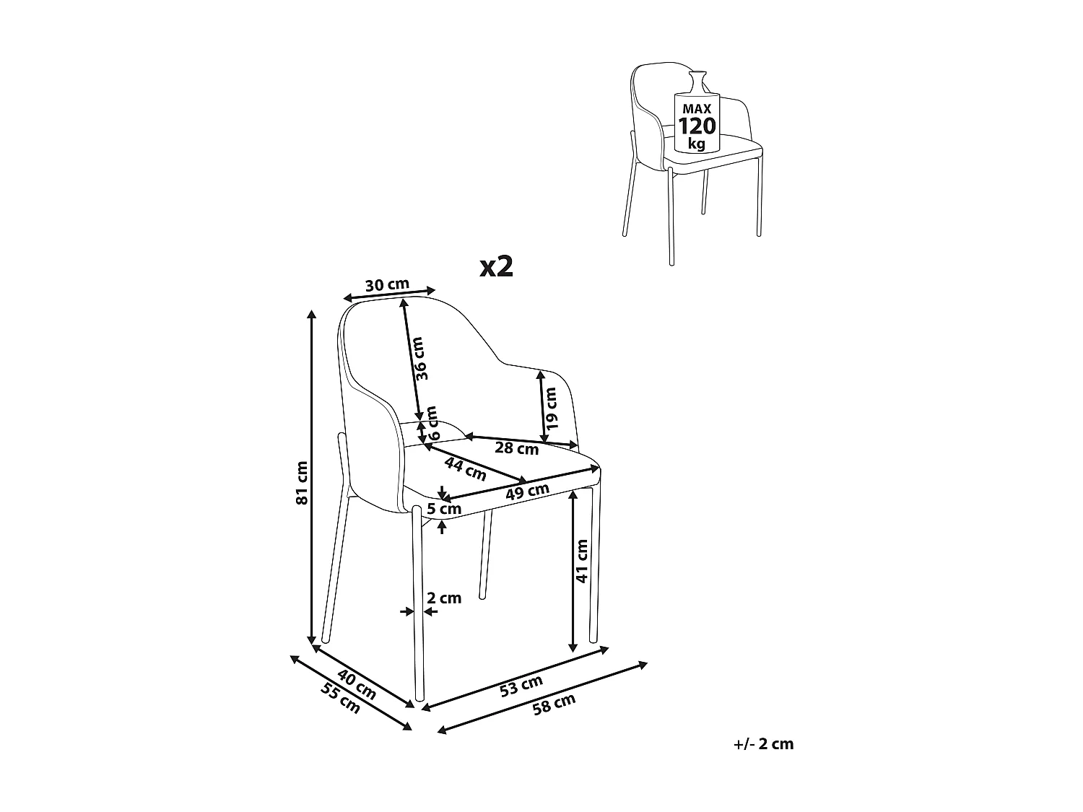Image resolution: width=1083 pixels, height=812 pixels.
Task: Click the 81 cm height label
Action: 302,482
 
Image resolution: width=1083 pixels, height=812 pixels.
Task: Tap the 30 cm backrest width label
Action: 387,284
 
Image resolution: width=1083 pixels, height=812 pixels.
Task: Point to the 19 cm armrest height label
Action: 551,409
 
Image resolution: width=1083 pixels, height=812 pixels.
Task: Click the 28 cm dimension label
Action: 516,449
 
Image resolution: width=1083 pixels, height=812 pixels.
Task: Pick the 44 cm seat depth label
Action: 465,468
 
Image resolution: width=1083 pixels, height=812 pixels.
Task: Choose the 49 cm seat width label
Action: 527,490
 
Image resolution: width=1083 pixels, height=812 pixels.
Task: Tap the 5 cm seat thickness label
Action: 443,509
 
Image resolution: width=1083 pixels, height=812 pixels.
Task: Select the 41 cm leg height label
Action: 583,561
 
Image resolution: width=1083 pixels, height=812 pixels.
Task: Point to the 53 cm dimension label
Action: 521,685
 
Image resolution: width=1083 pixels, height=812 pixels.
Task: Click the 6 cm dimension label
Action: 432,423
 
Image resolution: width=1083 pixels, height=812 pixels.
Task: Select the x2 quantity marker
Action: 497,267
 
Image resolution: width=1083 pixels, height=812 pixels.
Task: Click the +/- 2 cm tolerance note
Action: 762,744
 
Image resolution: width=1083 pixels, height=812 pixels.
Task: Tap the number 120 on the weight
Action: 697,126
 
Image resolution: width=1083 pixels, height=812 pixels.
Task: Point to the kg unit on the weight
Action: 697,143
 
